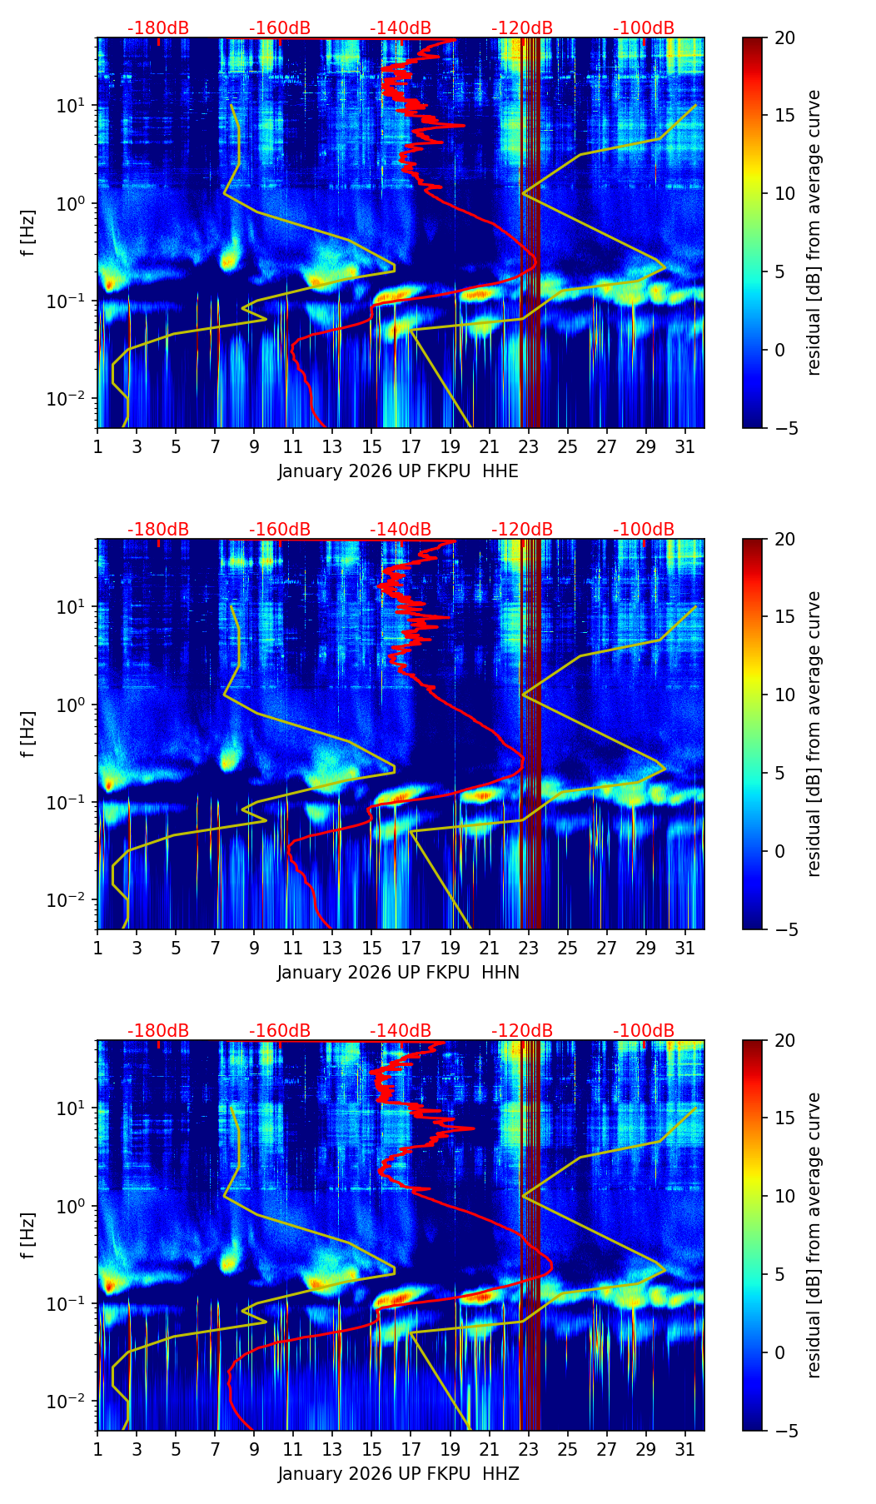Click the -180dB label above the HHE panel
click(x=158, y=28)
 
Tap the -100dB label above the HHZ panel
click(x=644, y=1031)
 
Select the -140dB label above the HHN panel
click(x=401, y=530)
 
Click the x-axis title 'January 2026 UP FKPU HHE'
click(x=398, y=471)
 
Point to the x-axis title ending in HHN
click(x=398, y=973)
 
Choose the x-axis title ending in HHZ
click(x=398, y=1474)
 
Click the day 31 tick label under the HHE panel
click(x=685, y=447)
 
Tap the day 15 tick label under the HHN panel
click(x=371, y=949)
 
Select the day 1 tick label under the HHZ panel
click(x=97, y=1450)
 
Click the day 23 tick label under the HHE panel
click(x=528, y=447)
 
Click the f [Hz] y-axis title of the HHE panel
click(x=28, y=233)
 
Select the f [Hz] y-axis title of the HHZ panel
click(x=28, y=1236)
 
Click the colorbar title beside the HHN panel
click(x=814, y=734)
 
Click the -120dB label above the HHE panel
click(x=522, y=28)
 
